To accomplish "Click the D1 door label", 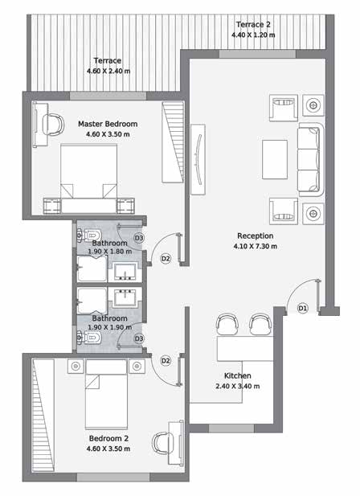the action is pyautogui.click(x=303, y=308).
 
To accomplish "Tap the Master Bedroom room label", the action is pyautogui.click(x=108, y=124).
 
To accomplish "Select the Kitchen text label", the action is pyautogui.click(x=238, y=375).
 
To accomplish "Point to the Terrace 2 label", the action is pyautogui.click(x=253, y=24).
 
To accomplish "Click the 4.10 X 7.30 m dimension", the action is pyautogui.click(x=256, y=246).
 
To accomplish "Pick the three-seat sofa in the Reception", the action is pyautogui.click(x=311, y=160).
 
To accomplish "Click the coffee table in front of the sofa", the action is pyautogui.click(x=275, y=159).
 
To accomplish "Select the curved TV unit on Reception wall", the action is pyautogui.click(x=198, y=159).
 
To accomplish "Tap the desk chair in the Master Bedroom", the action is pyautogui.click(x=53, y=125).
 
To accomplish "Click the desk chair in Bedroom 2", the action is pyautogui.click(x=163, y=442).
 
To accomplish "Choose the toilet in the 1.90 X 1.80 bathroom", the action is pyautogui.click(x=89, y=235).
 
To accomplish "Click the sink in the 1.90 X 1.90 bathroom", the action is pyautogui.click(x=125, y=297).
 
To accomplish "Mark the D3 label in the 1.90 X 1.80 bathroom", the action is pyautogui.click(x=139, y=238).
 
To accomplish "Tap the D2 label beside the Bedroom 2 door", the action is pyautogui.click(x=166, y=361).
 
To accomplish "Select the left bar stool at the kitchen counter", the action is pyautogui.click(x=227, y=324).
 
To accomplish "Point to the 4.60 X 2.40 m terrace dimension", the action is pyautogui.click(x=108, y=71).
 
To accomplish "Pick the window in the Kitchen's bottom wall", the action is pyautogui.click(x=231, y=428).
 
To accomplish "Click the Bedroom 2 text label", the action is pyautogui.click(x=108, y=438).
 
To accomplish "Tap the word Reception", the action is pyautogui.click(x=256, y=236).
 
